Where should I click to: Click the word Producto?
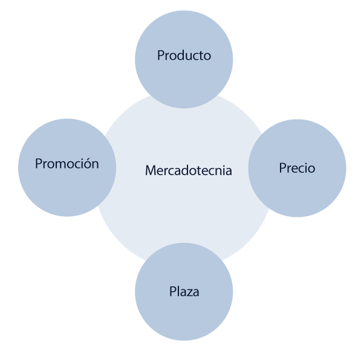(184, 55)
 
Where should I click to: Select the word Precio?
(297, 168)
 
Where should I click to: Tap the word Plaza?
(184, 292)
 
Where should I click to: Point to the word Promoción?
(67, 163)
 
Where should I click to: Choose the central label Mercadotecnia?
(188, 170)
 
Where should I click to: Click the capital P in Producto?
(161, 56)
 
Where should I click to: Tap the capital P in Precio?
(283, 168)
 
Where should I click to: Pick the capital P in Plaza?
(173, 291)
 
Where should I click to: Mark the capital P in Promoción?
(39, 163)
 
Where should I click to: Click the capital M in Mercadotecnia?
(151, 170)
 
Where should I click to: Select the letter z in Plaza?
(189, 293)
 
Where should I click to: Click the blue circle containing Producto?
(184, 59)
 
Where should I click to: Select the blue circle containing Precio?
(297, 168)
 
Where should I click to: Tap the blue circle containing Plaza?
(184, 292)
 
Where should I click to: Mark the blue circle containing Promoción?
(67, 167)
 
